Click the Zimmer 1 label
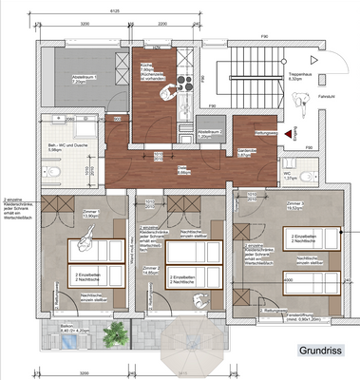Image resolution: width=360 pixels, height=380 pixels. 66,215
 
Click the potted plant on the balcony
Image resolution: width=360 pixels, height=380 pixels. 115,332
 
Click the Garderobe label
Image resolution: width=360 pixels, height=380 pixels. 246,155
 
